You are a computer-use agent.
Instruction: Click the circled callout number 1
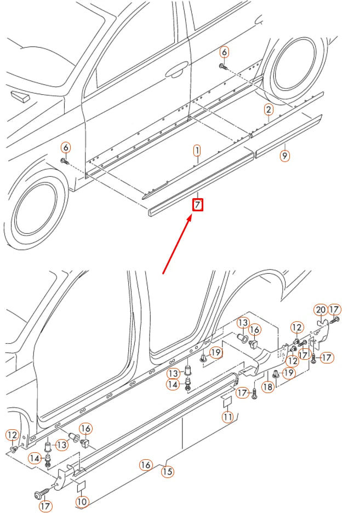(197, 149)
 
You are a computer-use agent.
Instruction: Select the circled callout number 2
(268, 109)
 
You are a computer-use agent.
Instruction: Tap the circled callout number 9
(284, 155)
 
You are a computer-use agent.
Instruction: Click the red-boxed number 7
(197, 205)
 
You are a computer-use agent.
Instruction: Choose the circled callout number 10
(82, 501)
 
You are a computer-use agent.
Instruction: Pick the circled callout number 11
(227, 417)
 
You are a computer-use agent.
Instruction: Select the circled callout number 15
(167, 470)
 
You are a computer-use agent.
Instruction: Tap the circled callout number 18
(267, 387)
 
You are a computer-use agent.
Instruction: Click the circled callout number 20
(321, 309)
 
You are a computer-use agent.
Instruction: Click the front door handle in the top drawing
(176, 71)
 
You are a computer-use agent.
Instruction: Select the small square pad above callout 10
(81, 485)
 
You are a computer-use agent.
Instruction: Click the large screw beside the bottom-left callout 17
(41, 494)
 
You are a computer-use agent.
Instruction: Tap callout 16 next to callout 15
(145, 465)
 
